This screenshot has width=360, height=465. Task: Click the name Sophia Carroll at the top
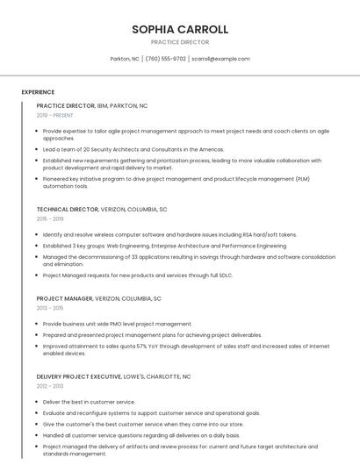[180, 29]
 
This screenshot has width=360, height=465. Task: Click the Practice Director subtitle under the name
[180, 42]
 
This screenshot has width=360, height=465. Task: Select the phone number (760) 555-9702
[165, 59]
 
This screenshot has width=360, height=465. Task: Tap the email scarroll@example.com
[220, 59]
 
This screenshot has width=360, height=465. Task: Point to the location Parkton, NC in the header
[125, 59]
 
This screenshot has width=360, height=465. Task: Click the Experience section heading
[38, 92]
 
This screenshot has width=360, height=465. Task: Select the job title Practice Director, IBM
[92, 105]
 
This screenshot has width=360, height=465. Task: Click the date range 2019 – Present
[55, 115]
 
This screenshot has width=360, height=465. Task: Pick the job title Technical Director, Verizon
[102, 210]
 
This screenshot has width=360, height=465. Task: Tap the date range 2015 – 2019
[50, 219]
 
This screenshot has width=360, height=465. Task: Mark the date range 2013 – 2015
[50, 308]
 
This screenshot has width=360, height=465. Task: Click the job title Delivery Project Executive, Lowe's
[113, 376]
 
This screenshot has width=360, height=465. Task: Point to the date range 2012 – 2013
[50, 386]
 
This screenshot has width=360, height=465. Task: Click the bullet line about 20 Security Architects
[133, 150]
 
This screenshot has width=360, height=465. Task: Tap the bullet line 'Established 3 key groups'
[164, 247]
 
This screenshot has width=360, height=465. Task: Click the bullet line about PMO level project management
[117, 324]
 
